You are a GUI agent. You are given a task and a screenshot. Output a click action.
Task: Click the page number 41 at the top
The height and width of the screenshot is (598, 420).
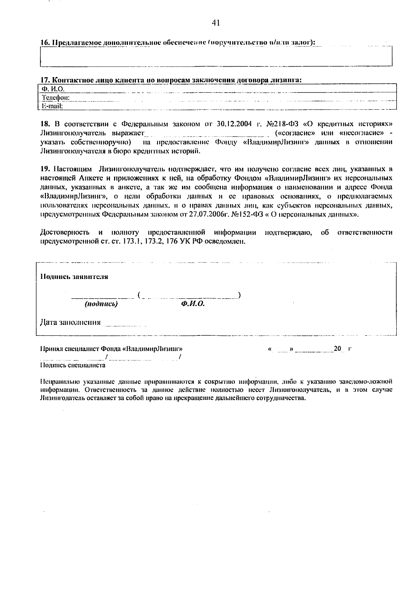tap(216, 23)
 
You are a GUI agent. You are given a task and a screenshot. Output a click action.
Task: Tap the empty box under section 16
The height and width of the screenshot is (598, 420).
tap(216, 56)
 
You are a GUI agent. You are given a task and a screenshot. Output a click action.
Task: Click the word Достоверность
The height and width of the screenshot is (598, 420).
tap(64, 232)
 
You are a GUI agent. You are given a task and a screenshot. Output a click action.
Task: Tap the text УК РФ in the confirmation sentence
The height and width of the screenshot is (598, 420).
tap(191, 242)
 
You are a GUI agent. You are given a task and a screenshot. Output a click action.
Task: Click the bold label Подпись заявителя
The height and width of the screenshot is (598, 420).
tap(74, 277)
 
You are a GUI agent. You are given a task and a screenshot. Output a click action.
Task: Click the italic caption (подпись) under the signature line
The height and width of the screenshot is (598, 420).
tap(101, 304)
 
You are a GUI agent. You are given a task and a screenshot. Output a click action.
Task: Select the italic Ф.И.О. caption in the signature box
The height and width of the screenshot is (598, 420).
tap(193, 304)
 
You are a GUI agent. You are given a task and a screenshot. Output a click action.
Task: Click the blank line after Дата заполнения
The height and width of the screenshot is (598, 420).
tap(125, 324)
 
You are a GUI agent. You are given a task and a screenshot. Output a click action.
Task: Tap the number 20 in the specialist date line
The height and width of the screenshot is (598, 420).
tap(337, 349)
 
